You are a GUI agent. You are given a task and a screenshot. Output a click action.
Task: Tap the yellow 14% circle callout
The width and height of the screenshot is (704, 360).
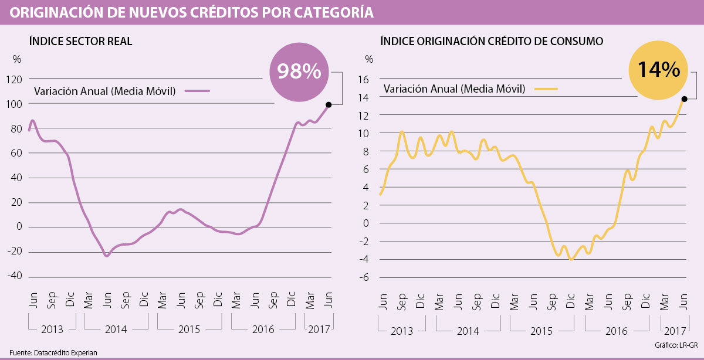click(658, 70)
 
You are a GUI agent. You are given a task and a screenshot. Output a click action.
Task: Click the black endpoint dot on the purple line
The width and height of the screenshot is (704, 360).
click(329, 105)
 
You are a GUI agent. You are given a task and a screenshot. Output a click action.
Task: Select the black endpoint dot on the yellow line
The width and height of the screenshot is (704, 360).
click(685, 99)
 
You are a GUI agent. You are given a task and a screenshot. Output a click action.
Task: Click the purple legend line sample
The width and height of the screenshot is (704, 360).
click(197, 91)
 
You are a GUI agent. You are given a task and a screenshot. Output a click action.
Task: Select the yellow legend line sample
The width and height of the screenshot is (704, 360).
click(546, 89)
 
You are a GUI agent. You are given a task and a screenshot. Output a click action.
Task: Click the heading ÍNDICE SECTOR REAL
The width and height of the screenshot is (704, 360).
click(81, 41)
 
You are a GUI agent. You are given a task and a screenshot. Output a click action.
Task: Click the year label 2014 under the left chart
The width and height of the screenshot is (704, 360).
click(116, 330)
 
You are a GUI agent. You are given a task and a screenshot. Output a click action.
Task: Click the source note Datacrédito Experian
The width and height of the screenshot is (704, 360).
click(49, 352)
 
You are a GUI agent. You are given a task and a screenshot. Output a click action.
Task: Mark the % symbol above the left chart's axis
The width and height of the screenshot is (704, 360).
click(17, 59)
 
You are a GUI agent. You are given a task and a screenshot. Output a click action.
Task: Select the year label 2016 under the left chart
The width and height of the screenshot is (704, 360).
click(263, 330)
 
